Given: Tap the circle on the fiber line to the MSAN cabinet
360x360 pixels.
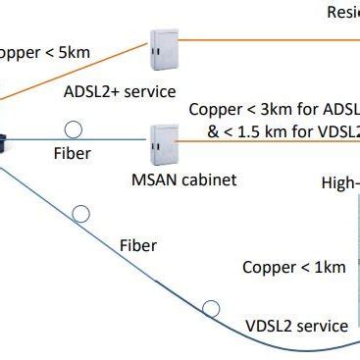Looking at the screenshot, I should [x=72, y=129].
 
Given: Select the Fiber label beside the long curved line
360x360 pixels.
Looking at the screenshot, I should [x=136, y=243].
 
